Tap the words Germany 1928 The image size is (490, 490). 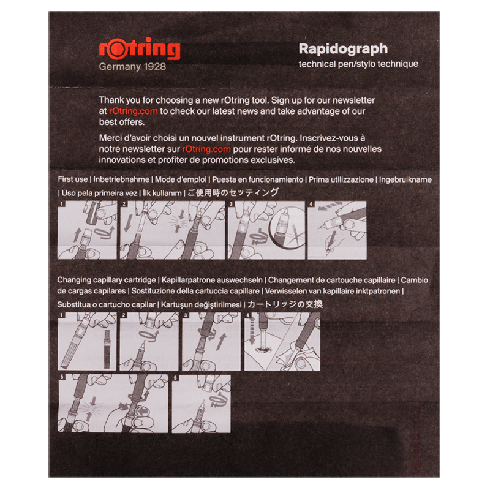click(132, 67)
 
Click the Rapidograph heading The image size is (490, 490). click(343, 49)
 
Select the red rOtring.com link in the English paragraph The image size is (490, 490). click(134, 111)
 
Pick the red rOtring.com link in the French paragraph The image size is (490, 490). click(206, 149)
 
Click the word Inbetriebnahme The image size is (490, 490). click(121, 179)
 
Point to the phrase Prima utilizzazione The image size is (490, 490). click(341, 179)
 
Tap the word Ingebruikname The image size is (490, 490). click(405, 179)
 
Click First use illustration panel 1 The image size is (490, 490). click(87, 230)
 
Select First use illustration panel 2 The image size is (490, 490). click(173, 230)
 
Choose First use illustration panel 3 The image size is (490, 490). click(266, 230)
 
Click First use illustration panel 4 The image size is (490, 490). click(337, 230)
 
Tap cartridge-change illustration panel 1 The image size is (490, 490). click(87, 341)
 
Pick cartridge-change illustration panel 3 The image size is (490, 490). click(211, 341)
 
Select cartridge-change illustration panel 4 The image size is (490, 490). click(282, 341)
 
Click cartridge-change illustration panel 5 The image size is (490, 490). click(113, 404)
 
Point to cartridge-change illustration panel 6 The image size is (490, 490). click(202, 404)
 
